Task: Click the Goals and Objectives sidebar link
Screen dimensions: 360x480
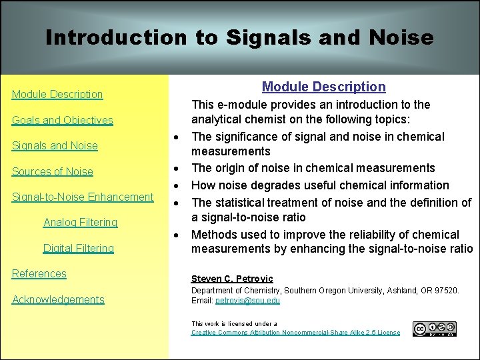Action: pyautogui.click(x=63, y=120)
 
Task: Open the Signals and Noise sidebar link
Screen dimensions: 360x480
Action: pyautogui.click(x=55, y=145)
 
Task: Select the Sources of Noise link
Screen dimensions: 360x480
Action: pyautogui.click(x=53, y=171)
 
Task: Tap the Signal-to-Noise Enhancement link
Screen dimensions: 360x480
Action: pyautogui.click(x=83, y=197)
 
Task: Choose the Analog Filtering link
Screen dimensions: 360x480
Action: pyautogui.click(x=80, y=222)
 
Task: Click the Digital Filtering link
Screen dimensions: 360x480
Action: pyautogui.click(x=79, y=248)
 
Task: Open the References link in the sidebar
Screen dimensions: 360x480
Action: pyautogui.click(x=39, y=273)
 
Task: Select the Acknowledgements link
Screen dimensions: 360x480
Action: pyautogui.click(x=59, y=299)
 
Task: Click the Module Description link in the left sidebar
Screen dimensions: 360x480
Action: pyautogui.click(x=57, y=94)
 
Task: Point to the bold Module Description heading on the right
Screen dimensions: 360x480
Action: pyautogui.click(x=323, y=87)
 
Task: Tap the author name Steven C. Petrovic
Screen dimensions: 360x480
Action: pyautogui.click(x=232, y=279)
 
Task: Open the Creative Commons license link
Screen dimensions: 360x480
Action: pyautogui.click(x=295, y=332)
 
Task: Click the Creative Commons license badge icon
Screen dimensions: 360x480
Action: pyautogui.click(x=434, y=329)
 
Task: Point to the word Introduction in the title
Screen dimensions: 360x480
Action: pyautogui.click(x=115, y=37)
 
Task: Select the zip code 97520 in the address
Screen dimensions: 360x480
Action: pyautogui.click(x=445, y=291)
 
